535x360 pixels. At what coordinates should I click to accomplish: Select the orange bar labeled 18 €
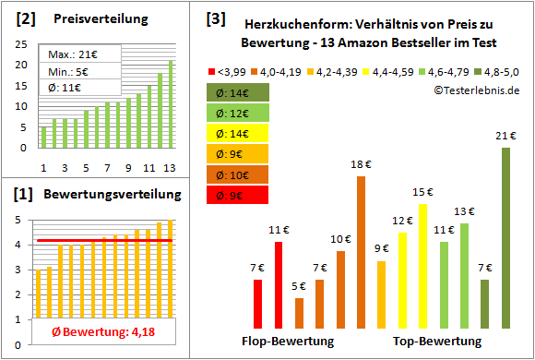[x=361, y=252]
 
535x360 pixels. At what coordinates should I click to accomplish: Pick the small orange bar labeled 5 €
[x=299, y=313]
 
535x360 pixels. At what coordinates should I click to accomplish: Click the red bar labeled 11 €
[x=279, y=284]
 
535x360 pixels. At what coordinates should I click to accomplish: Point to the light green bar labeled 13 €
[x=464, y=275]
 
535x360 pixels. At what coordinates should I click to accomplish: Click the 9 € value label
[x=381, y=248]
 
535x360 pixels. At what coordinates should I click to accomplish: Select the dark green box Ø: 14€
[x=239, y=92]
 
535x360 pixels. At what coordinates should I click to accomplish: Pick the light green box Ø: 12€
[x=239, y=113]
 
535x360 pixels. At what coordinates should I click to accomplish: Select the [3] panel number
[x=216, y=18]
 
